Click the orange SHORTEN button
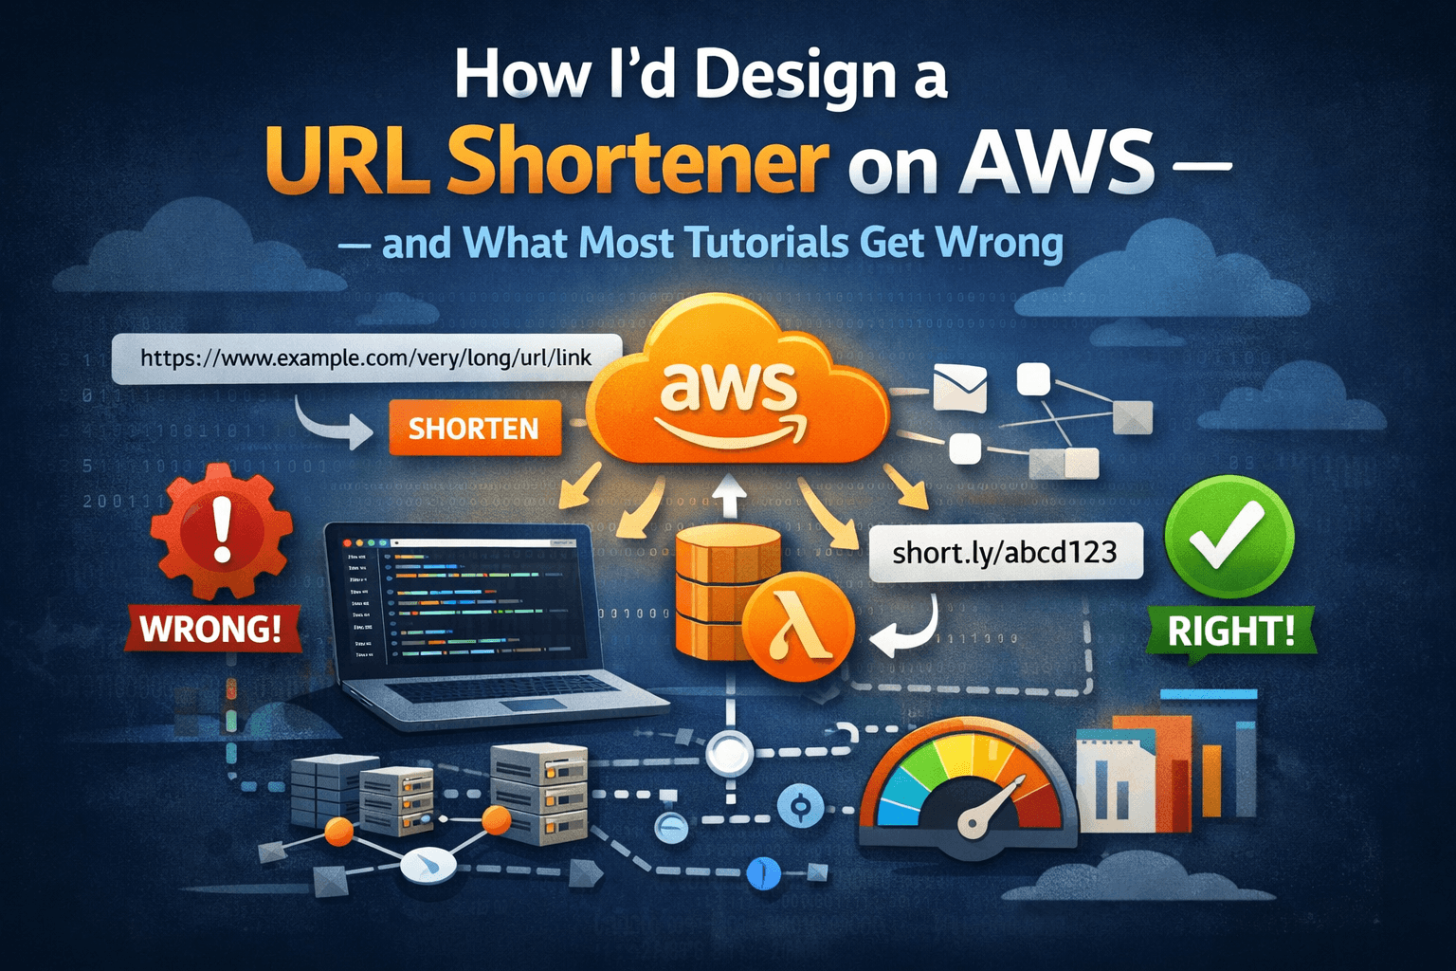pyautogui.click(x=474, y=429)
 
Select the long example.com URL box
pyautogui.click(x=366, y=358)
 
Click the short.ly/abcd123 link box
pyautogui.click(x=1005, y=552)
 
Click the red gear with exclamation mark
pyautogui.click(x=222, y=529)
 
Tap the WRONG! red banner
pyautogui.click(x=211, y=629)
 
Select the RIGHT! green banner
pyautogui.click(x=1230, y=631)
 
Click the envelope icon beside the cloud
pyautogui.click(x=959, y=388)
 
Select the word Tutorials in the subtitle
pyautogui.click(x=766, y=243)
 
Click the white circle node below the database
pyautogui.click(x=729, y=754)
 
